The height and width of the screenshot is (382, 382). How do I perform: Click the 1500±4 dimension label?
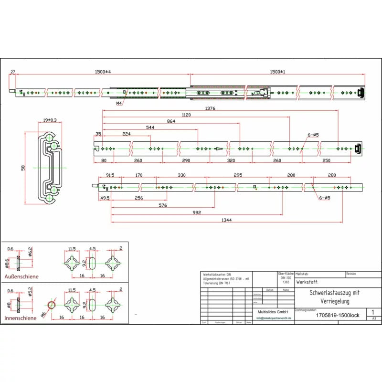103,72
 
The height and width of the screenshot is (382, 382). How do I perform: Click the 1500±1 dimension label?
277,72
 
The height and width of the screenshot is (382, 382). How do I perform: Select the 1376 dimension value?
211,108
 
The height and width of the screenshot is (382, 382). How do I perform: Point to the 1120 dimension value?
186,115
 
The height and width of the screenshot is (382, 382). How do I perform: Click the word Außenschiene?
21,276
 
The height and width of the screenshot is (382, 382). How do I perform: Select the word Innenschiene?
21,318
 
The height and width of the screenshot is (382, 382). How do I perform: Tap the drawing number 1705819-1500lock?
338,315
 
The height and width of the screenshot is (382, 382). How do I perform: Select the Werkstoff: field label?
310,283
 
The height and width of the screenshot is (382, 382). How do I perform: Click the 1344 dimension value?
227,220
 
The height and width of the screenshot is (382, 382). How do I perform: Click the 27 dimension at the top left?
13,72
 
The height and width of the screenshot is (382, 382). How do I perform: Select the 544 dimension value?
149,127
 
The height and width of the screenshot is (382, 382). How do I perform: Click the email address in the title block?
274,318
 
